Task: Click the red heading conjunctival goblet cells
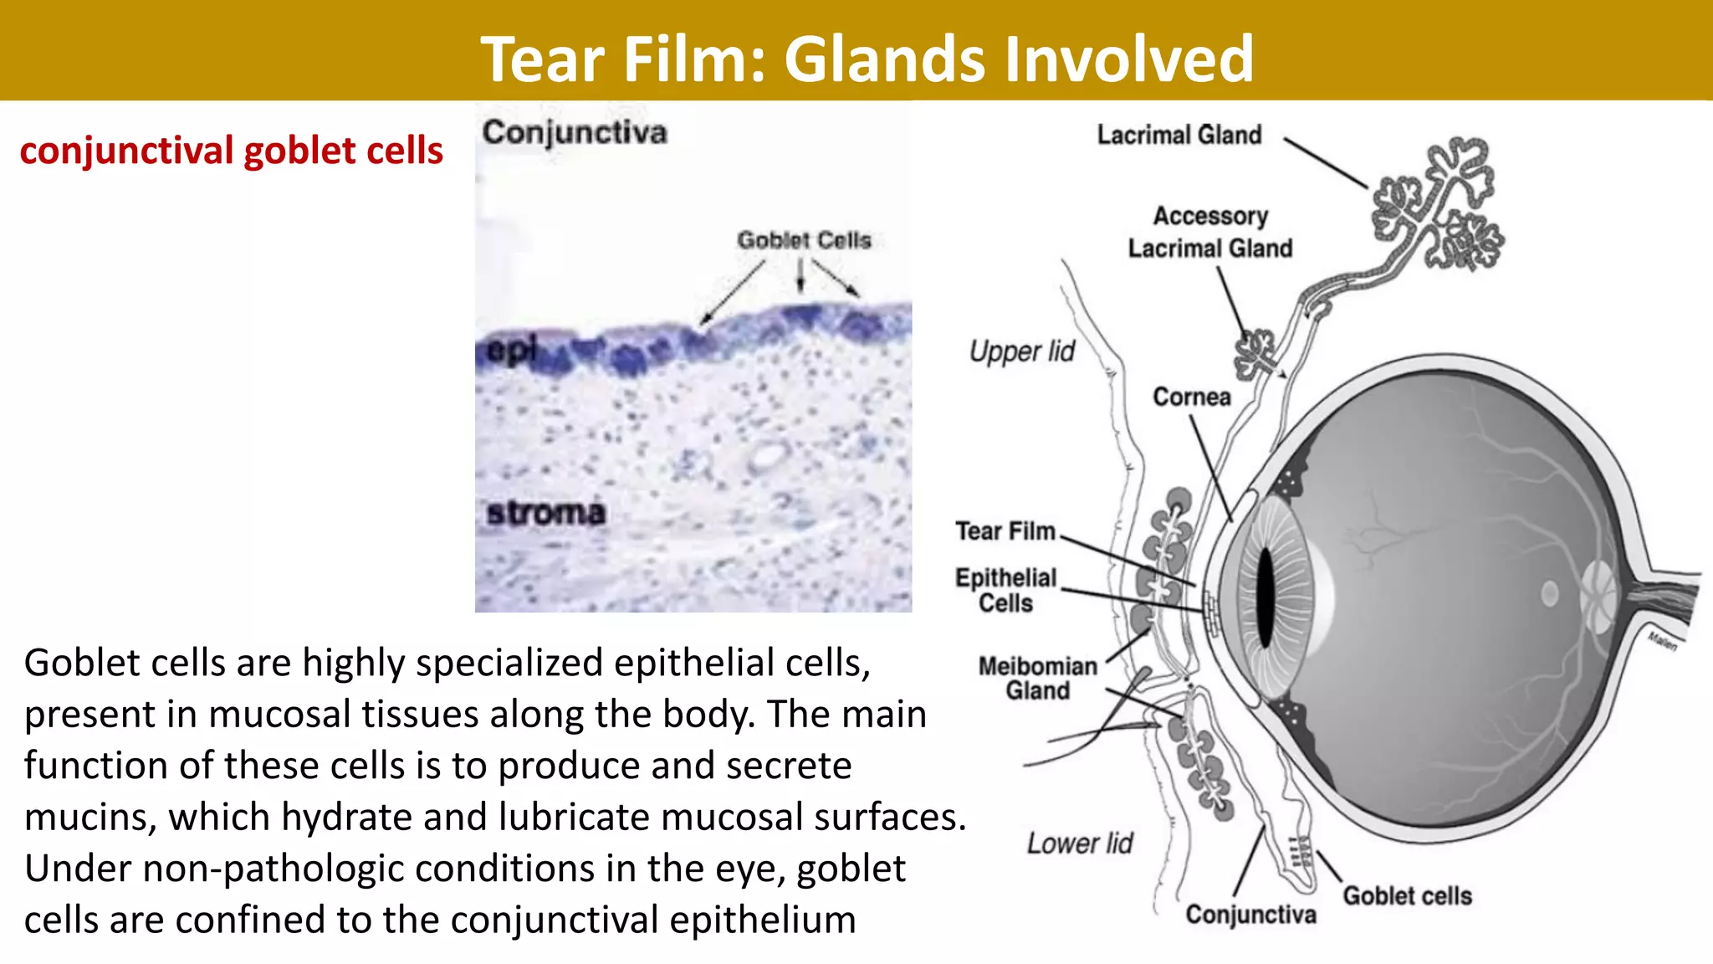click(x=231, y=151)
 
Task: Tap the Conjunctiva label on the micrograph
click(x=575, y=133)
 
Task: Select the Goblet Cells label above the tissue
click(x=804, y=240)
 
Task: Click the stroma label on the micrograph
click(x=545, y=513)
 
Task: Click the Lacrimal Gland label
click(x=1179, y=135)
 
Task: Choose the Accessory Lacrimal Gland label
click(x=1209, y=232)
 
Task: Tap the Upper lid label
click(x=1021, y=351)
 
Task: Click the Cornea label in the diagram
click(x=1191, y=397)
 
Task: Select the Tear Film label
click(x=1005, y=531)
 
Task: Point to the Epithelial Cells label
click(x=1005, y=590)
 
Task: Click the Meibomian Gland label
click(x=1037, y=678)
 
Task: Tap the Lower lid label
click(x=1079, y=843)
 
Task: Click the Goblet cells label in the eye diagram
click(x=1407, y=896)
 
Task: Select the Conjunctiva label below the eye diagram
click(x=1250, y=915)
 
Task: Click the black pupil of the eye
click(x=1264, y=597)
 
